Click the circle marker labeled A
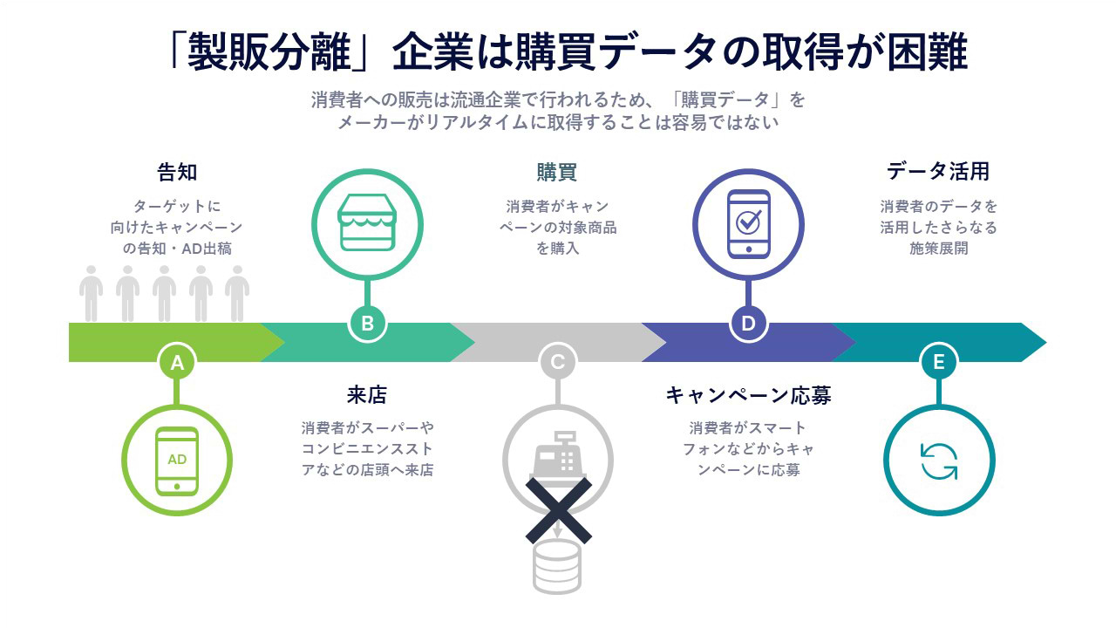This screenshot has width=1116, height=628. point(177,362)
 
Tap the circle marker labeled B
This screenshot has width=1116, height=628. point(367,324)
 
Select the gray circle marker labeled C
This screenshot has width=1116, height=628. point(557,362)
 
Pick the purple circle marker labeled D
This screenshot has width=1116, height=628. point(748,324)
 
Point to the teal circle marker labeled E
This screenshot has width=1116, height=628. point(939,362)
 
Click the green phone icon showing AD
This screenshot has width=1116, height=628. point(177,461)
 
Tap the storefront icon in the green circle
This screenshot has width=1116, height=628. point(367,222)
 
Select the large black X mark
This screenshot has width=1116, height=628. point(559,510)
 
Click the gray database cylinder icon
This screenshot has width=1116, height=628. point(557,567)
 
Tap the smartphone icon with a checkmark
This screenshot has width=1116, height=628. point(748,224)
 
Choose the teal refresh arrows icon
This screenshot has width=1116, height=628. point(939,461)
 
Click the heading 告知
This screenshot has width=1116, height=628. point(177,173)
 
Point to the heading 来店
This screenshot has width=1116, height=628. point(367,395)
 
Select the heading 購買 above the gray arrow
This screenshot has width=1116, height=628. point(557,173)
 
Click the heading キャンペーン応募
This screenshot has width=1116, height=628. point(748,395)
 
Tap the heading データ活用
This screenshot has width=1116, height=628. point(938,172)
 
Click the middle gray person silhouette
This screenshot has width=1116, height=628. point(164,294)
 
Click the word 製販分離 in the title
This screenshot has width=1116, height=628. point(269,51)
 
